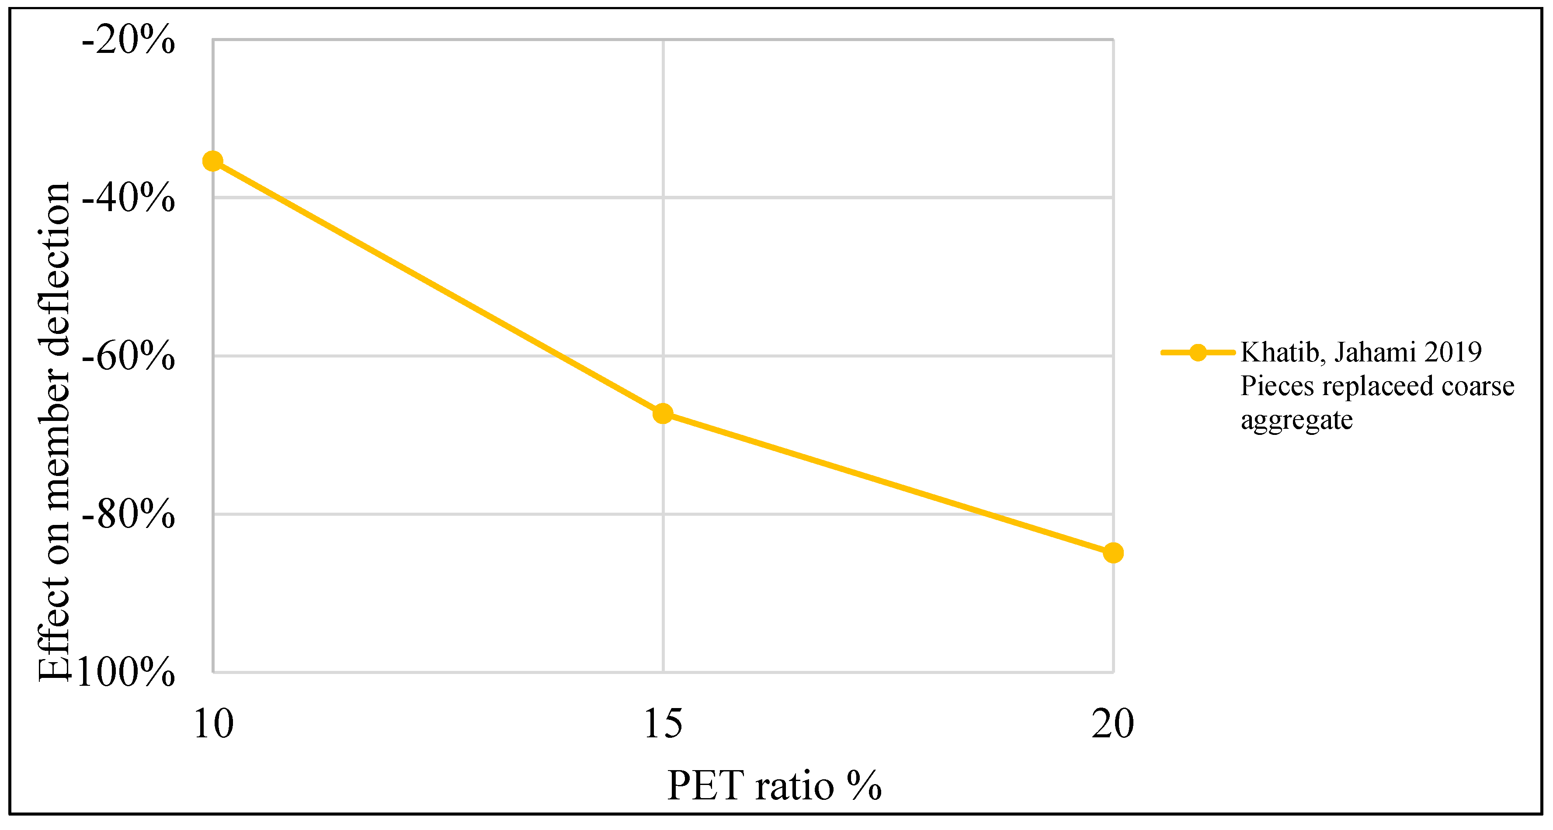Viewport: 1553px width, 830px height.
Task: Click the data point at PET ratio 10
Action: pos(213,161)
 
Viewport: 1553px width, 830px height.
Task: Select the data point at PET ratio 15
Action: pos(663,413)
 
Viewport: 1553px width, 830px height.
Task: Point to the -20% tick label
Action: pos(128,41)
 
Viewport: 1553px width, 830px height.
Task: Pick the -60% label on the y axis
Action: pos(128,356)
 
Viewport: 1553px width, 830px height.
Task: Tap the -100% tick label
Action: pos(124,672)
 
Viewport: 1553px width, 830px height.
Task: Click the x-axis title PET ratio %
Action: pos(774,786)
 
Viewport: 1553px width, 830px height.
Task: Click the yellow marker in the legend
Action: pos(1198,353)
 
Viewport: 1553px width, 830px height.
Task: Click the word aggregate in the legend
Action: pos(1296,420)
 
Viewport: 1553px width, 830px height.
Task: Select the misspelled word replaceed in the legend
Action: pos(1378,386)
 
